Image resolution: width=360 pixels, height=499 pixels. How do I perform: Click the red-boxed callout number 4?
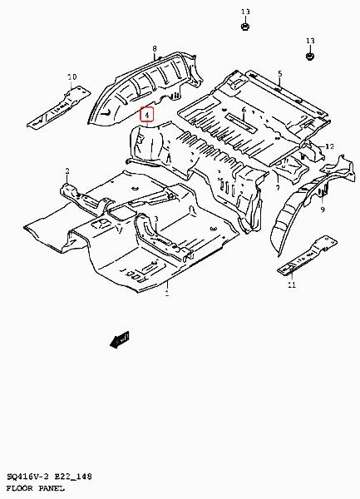click(x=147, y=115)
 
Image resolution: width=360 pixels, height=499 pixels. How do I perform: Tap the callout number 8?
click(x=155, y=49)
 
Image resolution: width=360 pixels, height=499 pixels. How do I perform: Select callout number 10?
click(x=72, y=77)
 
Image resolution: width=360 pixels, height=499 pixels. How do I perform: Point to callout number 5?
click(x=280, y=73)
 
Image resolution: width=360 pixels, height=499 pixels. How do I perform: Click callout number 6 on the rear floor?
click(x=244, y=110)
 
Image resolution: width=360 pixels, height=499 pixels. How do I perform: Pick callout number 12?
click(x=330, y=146)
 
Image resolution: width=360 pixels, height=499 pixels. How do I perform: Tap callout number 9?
click(x=323, y=210)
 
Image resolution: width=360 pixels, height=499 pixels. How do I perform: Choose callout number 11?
click(x=292, y=284)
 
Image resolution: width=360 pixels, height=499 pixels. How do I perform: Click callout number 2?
click(x=67, y=171)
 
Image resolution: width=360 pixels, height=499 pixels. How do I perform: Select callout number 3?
click(x=156, y=219)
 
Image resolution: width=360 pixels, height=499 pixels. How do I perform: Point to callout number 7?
click(x=278, y=188)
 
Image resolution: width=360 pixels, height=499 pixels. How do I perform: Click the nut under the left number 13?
click(x=245, y=26)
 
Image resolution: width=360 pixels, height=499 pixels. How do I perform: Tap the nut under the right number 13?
click(x=310, y=56)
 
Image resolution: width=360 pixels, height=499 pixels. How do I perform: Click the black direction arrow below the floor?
click(x=120, y=339)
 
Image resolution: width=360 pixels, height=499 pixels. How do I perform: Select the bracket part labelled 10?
click(x=58, y=107)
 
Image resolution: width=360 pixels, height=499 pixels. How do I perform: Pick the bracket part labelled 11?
click(x=308, y=256)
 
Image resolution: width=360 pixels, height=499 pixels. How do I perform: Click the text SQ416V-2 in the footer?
click(x=27, y=477)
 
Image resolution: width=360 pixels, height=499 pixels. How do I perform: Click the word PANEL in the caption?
click(x=52, y=488)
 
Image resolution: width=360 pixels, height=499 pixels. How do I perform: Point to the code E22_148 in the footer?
click(x=73, y=477)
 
